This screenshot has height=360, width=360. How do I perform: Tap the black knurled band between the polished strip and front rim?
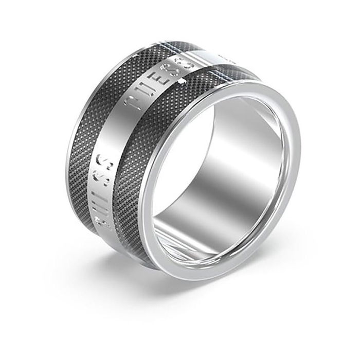134,170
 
